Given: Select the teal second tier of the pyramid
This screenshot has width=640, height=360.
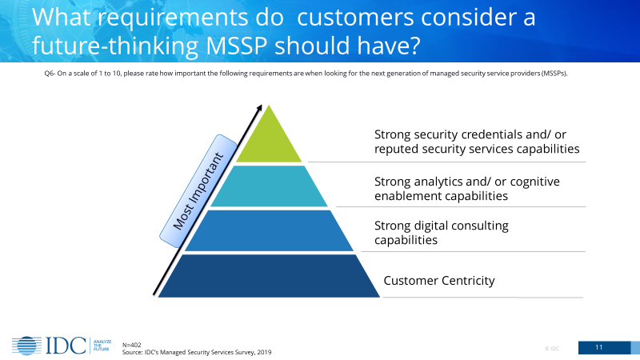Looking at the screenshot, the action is click(269, 186).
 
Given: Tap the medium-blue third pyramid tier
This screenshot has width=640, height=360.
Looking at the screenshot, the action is click(269, 230).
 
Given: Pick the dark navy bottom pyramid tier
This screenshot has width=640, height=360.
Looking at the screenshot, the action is click(269, 276).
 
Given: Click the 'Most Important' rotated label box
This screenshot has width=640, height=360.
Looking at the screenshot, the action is click(198, 190).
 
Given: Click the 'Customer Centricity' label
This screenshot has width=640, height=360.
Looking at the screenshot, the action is click(438, 281).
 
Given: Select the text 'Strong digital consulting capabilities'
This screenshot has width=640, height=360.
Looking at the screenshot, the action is click(442, 233).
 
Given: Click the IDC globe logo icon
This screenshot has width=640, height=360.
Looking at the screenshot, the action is click(26, 346).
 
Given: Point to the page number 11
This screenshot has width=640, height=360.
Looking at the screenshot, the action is click(598, 347).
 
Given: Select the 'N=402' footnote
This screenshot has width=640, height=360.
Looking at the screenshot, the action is click(132, 345).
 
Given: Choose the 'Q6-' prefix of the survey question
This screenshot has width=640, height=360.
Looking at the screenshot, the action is click(50, 74).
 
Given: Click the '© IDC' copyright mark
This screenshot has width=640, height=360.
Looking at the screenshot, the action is click(552, 349).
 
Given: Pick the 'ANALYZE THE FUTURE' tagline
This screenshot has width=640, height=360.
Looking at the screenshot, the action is click(102, 346).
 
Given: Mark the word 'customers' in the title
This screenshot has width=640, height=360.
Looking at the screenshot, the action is click(355, 18).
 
